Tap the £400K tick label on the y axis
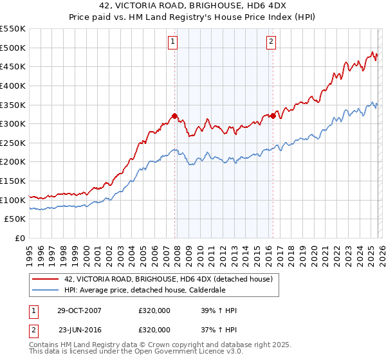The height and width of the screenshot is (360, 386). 13,85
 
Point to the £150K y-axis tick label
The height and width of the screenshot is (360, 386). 13,181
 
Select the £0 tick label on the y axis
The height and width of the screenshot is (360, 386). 20,239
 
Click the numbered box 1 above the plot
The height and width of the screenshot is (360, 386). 173,42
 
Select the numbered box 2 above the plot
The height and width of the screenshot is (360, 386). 271,42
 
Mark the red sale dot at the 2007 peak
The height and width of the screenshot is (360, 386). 174,116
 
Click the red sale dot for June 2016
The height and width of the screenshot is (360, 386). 273,116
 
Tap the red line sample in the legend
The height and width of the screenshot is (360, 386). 45,279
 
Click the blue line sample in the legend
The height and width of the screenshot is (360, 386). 45,290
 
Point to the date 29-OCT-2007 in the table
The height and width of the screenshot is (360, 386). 79,310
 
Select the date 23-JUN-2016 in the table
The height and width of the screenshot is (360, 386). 79,329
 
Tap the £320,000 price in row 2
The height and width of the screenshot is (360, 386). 154,329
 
